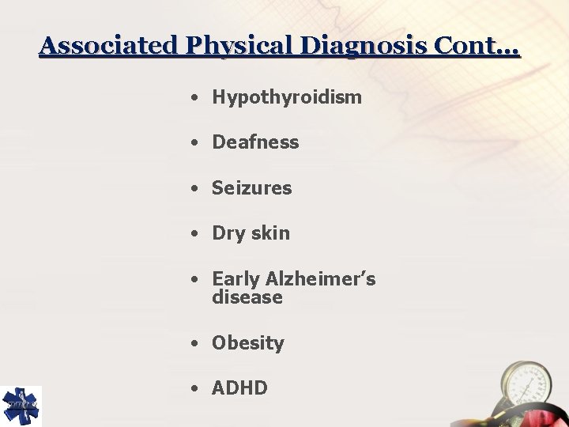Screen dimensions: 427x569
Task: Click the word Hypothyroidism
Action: coord(287,98)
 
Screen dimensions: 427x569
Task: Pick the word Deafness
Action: coord(255,143)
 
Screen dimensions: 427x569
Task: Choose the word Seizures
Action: coord(251,188)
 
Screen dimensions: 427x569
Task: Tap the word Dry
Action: coord(228,234)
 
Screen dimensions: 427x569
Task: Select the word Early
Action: coord(236,280)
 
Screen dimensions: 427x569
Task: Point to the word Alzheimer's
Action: coord(320,279)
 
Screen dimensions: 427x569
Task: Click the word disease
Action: coord(247,298)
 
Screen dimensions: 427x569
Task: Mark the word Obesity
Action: coord(247,343)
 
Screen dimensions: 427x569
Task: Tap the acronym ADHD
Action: coord(239,388)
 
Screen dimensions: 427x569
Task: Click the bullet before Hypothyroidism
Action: coord(194,99)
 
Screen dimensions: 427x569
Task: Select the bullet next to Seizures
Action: coord(194,189)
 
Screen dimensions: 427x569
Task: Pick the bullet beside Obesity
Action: coord(194,344)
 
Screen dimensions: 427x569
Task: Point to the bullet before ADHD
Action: coord(194,389)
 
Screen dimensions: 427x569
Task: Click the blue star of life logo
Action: coord(21,406)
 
